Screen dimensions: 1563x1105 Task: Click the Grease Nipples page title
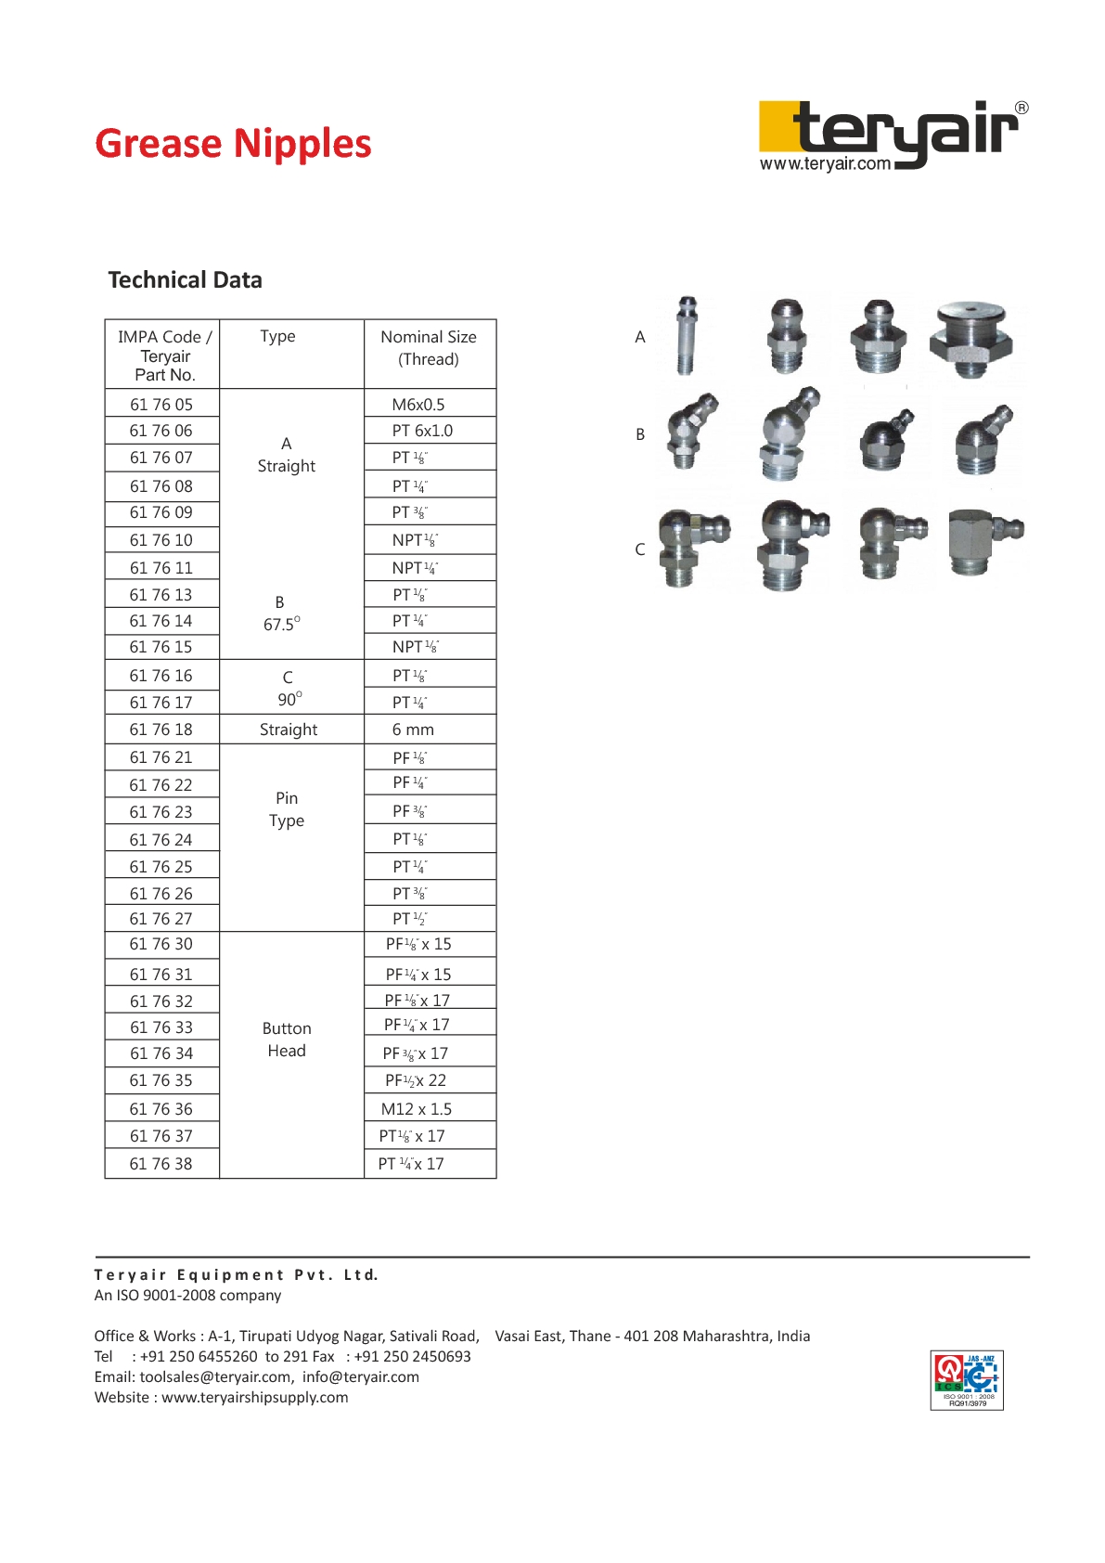[x=233, y=144]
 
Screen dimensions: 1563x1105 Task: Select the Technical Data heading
[x=185, y=280]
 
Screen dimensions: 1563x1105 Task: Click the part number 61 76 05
[x=161, y=405]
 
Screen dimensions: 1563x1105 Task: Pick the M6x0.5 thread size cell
[x=418, y=405]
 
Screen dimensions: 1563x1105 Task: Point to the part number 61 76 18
[x=161, y=730]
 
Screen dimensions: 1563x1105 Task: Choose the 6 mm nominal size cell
[x=413, y=730]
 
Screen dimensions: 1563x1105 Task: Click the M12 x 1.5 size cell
[x=417, y=1109]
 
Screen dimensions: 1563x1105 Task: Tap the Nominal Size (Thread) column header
[x=429, y=348]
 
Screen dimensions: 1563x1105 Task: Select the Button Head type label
[x=287, y=1040]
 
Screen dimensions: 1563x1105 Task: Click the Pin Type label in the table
[x=287, y=809]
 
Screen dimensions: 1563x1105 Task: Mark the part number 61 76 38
[x=161, y=1164]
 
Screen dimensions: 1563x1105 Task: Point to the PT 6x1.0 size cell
[x=422, y=431]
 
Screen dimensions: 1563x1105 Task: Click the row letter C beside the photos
[x=640, y=549]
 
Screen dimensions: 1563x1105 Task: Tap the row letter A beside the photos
[x=640, y=337]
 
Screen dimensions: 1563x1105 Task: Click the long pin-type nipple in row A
[x=687, y=336]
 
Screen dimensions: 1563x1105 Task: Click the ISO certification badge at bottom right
[x=967, y=1380]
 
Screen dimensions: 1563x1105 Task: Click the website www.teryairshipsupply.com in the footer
[x=255, y=1397]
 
